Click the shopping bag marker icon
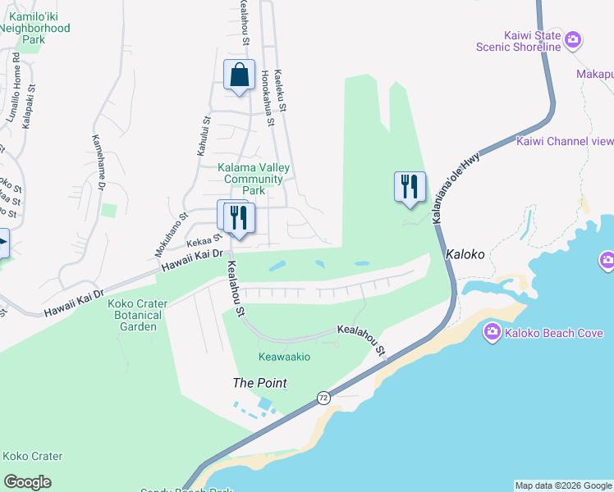click(x=239, y=75)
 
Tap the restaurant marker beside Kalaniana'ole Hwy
click(x=410, y=187)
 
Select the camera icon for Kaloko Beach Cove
click(x=493, y=332)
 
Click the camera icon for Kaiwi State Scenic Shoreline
click(x=573, y=39)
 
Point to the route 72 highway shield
click(x=324, y=398)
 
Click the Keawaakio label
click(x=284, y=357)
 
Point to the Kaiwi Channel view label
click(x=565, y=141)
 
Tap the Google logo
click(x=28, y=482)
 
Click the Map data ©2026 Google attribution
click(x=563, y=485)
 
